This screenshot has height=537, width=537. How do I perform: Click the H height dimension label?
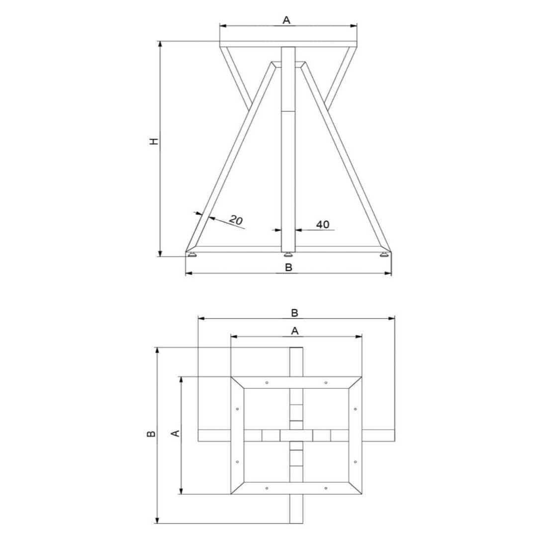click(155, 141)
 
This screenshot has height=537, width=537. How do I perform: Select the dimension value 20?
click(236, 220)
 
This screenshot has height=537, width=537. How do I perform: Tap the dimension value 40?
click(323, 225)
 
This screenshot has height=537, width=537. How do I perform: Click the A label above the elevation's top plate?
click(286, 20)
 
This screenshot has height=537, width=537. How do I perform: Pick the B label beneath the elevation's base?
click(288, 268)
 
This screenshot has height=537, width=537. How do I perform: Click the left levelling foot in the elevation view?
click(193, 255)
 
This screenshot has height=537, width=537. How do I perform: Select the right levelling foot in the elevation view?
click(383, 255)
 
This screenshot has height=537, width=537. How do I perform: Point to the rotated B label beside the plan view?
click(152, 434)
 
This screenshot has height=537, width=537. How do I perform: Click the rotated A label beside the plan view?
click(175, 434)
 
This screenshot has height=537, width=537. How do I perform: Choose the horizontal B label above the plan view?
click(294, 313)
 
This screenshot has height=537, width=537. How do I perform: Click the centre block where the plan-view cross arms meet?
click(296, 436)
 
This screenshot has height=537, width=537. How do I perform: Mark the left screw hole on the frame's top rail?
click(267, 383)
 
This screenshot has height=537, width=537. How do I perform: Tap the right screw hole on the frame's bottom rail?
click(326, 488)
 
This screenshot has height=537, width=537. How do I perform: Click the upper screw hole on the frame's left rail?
click(238, 409)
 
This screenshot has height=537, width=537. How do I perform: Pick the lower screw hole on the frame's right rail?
click(355, 462)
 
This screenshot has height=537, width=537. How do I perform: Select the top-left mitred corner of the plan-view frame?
click(237, 383)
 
